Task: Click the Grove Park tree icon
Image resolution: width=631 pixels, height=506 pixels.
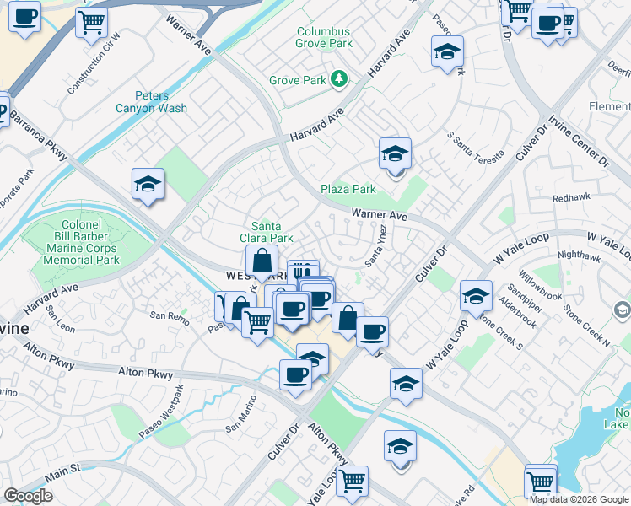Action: [x=339, y=79]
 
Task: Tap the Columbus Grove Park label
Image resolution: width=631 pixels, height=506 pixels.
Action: [x=323, y=38]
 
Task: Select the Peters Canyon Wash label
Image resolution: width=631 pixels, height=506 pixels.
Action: [x=161, y=102]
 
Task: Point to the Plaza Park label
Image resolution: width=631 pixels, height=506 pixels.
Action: [x=348, y=189]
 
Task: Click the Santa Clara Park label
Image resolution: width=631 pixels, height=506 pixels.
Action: [x=272, y=232]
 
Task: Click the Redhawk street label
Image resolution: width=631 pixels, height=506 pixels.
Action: [x=571, y=197]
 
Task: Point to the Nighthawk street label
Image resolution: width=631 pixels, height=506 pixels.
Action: [x=579, y=253]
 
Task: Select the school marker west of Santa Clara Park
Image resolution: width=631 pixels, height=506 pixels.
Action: [x=148, y=185]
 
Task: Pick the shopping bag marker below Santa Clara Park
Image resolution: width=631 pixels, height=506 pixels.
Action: [x=262, y=261]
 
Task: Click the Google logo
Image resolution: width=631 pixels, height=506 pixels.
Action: [x=29, y=495]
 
